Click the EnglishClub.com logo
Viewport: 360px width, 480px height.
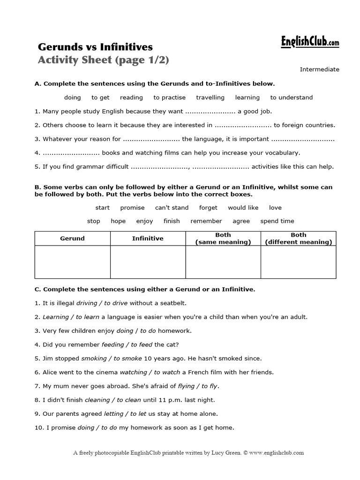310,43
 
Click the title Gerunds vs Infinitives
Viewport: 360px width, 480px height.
95,47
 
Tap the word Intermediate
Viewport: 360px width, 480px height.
319,69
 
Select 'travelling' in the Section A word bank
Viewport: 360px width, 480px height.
210,97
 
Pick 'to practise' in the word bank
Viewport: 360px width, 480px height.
169,97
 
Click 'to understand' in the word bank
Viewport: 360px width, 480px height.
291,97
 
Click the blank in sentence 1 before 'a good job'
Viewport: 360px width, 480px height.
210,112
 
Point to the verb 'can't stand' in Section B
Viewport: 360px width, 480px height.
172,208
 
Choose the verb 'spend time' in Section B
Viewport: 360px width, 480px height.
277,221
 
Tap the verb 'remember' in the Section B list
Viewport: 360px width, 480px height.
206,221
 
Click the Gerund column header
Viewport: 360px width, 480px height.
73,238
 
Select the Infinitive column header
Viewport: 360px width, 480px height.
148,238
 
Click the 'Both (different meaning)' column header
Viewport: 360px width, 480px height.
298,238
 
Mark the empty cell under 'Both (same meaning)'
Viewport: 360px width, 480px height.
223,262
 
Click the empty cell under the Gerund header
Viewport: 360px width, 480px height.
73,262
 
